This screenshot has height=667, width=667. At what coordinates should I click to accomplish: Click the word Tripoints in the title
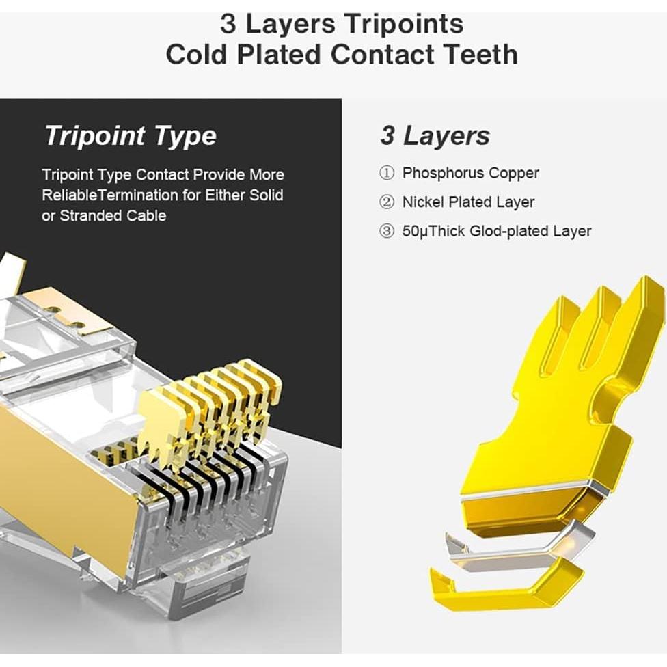[x=404, y=24]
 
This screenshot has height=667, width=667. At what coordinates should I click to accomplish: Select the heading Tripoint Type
[x=130, y=135]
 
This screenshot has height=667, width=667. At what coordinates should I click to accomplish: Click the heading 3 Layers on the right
[x=435, y=135]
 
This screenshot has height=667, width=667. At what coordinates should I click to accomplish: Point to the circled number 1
[x=387, y=173]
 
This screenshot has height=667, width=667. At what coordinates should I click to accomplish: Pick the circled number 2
[x=387, y=202]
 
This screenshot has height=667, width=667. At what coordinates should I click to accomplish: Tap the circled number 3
[x=387, y=231]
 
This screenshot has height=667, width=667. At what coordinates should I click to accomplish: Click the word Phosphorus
[x=444, y=173]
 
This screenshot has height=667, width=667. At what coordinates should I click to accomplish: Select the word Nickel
[x=423, y=202]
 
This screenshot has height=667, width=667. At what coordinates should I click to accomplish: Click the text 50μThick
[x=433, y=231]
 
